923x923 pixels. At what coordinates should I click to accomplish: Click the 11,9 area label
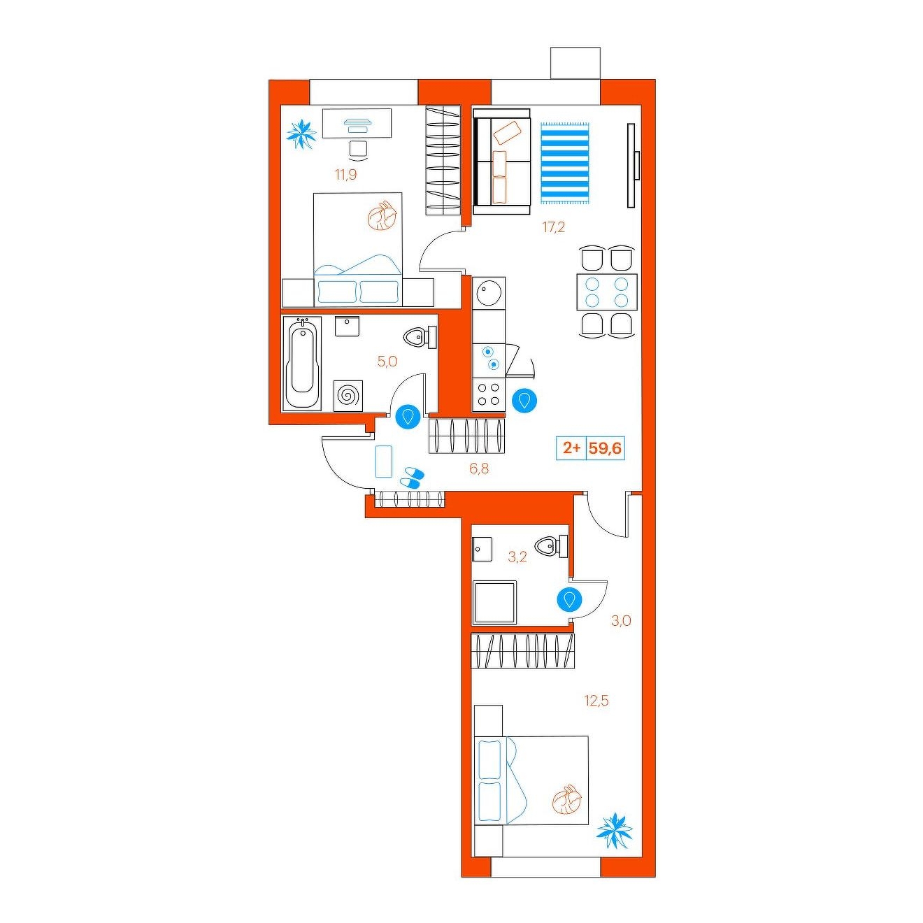click(346, 174)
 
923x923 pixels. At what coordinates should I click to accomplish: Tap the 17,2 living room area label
click(554, 227)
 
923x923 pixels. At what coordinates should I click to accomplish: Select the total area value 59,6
click(606, 448)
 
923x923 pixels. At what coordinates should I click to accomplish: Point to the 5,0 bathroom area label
click(387, 362)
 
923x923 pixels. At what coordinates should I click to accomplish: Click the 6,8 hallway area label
click(479, 469)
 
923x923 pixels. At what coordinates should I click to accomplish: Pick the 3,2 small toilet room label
click(517, 557)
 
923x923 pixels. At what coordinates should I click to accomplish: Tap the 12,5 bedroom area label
click(596, 701)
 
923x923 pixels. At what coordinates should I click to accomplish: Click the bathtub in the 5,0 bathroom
click(302, 363)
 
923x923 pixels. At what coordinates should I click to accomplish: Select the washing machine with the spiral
click(348, 396)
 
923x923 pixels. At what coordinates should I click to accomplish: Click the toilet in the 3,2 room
click(553, 546)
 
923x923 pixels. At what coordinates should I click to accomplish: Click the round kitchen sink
click(489, 292)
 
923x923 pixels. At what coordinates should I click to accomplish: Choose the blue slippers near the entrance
click(411, 478)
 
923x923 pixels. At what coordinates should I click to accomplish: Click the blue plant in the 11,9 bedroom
click(301, 134)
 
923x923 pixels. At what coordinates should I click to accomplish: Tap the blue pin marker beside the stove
click(524, 400)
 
